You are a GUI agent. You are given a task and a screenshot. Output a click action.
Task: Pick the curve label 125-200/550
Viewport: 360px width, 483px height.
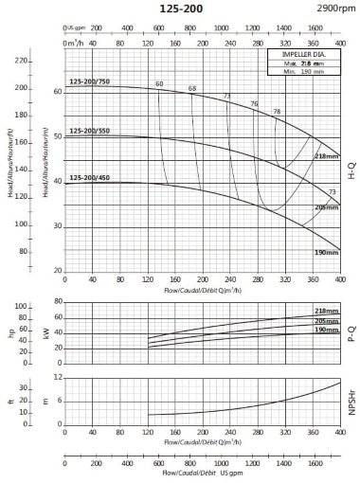click(x=91, y=131)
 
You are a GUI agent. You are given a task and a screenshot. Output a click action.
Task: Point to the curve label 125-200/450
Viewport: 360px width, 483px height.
click(x=91, y=177)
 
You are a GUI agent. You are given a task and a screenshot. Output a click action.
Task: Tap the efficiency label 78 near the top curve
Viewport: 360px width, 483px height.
click(x=277, y=112)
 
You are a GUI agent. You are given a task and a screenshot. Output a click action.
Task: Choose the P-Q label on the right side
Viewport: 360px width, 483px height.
click(x=352, y=329)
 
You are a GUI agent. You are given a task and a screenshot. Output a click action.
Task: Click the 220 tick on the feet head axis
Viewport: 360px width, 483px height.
click(x=21, y=61)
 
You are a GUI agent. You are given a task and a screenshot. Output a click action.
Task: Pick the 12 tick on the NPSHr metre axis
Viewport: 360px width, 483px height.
click(x=58, y=377)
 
